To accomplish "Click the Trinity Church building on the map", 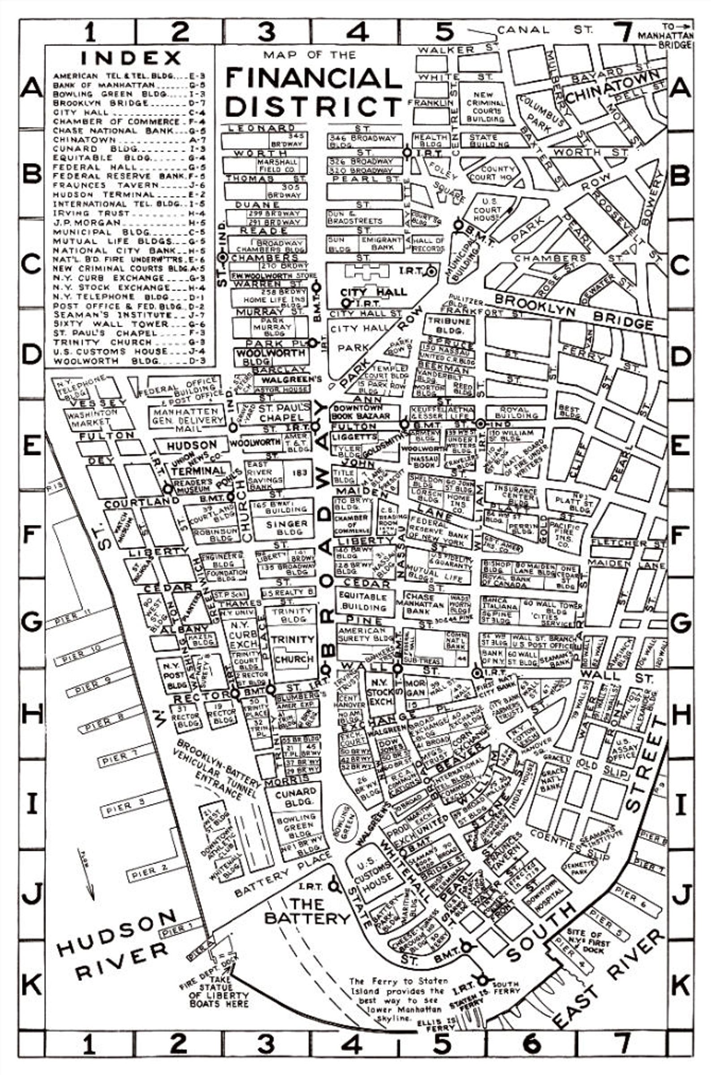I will click(292, 648).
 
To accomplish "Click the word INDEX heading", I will click(131, 58).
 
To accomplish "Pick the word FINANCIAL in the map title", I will click(314, 78).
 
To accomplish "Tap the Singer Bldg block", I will click(287, 527).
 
